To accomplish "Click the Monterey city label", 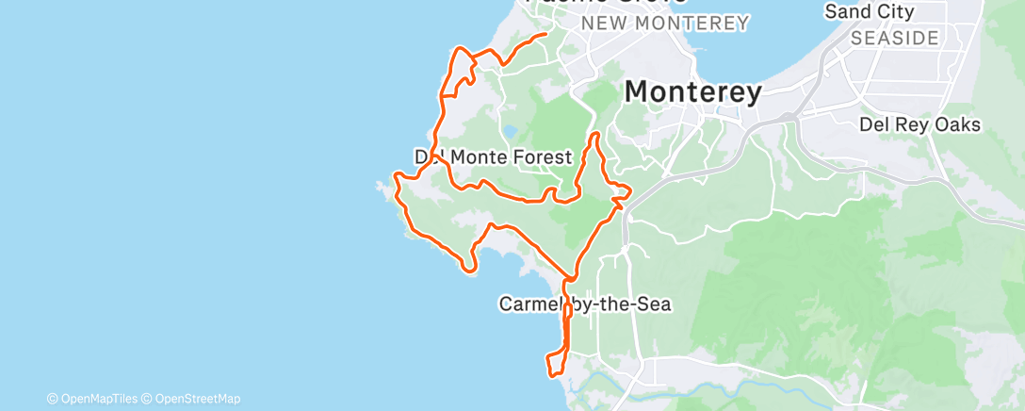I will click(692, 92).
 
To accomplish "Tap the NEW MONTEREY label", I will click(665, 23).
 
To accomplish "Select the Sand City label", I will click(869, 11).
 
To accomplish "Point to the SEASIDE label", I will click(894, 39).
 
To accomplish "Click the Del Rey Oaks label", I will click(919, 124).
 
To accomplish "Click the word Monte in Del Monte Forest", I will click(475, 156).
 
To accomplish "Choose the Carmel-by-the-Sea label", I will click(584, 304).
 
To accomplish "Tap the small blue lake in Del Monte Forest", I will click(510, 132).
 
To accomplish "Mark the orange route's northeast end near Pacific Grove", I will click(545, 35).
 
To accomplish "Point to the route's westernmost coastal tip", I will click(395, 176).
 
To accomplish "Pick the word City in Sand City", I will click(894, 11).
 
